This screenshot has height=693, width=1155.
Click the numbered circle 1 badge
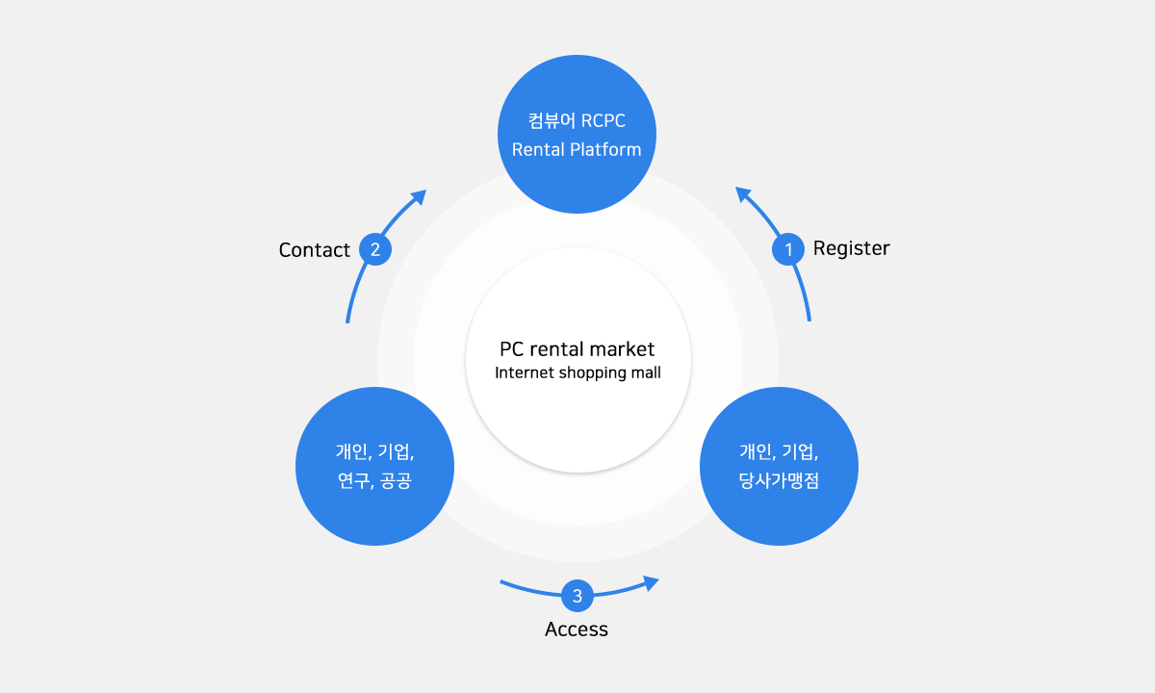click(x=788, y=249)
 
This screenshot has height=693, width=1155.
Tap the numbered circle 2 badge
click(x=374, y=249)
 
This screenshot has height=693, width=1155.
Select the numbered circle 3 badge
click(x=577, y=596)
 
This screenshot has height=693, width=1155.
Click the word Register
click(x=851, y=248)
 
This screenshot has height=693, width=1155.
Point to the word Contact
click(x=314, y=250)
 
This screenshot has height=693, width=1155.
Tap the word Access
click(x=577, y=629)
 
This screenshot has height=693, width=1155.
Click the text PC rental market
click(x=577, y=349)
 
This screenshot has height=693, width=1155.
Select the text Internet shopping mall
click(x=577, y=372)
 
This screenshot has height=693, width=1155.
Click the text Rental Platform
click(x=577, y=149)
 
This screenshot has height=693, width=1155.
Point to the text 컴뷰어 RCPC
click(x=577, y=121)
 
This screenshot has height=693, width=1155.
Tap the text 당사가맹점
click(x=779, y=480)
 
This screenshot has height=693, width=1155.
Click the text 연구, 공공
click(x=374, y=480)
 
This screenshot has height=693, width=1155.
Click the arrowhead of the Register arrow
click(x=742, y=193)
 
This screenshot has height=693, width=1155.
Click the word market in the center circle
click(x=623, y=349)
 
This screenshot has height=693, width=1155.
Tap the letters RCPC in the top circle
click(x=603, y=121)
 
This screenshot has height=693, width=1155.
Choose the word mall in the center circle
click(x=645, y=372)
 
